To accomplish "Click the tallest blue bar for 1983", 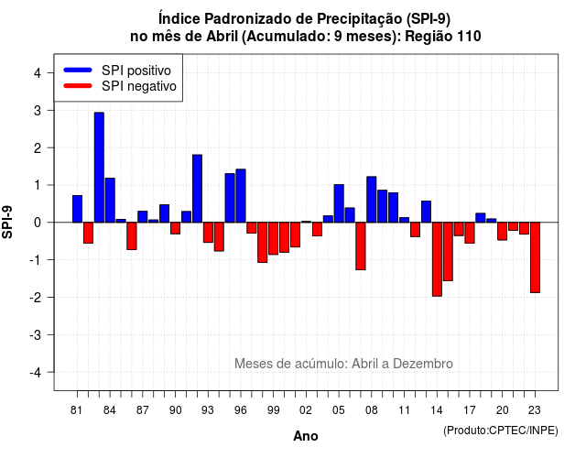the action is click(x=99, y=167).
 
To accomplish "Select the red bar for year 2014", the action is click(x=437, y=259).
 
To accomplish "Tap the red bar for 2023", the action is click(x=535, y=257).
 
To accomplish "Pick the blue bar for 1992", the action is click(x=198, y=189).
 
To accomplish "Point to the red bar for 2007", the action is click(x=361, y=245).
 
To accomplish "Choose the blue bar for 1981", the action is click(x=77, y=209).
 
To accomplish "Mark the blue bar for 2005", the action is click(x=339, y=203).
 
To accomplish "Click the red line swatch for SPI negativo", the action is click(x=78, y=86).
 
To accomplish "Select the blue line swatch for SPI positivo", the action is click(x=78, y=70).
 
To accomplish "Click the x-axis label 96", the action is click(x=241, y=410).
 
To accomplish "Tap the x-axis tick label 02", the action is click(x=306, y=410).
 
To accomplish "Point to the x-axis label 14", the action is click(x=437, y=410).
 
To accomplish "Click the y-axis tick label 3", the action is click(x=38, y=110).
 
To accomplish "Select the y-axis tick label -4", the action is click(x=36, y=372).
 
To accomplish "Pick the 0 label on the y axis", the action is click(x=38, y=223).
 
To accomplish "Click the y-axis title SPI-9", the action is click(x=7, y=222).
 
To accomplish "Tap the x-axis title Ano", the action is click(x=306, y=436).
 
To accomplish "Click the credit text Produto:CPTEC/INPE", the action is click(x=501, y=431).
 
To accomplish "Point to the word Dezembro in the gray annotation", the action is click(x=423, y=364).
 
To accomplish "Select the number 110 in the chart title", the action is click(x=469, y=37).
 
